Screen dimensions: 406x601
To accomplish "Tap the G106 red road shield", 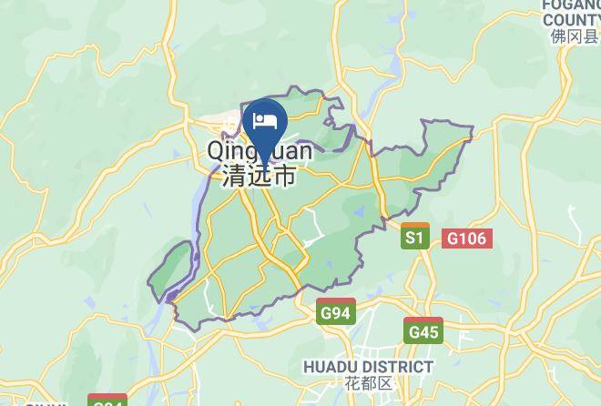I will [x=468, y=239].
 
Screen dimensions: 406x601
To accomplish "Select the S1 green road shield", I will [x=415, y=239].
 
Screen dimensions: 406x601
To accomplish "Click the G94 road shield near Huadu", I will [x=335, y=313].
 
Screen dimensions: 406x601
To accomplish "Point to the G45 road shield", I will [x=423, y=332].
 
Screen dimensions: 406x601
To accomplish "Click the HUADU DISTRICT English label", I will [x=368, y=367].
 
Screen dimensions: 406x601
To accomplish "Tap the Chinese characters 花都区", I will [x=368, y=383].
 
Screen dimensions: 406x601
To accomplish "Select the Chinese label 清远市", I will [x=259, y=177].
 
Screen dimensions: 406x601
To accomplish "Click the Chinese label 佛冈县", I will [x=574, y=36].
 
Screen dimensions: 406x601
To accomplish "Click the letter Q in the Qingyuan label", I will [x=218, y=150].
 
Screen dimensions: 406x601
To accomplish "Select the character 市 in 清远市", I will [x=284, y=177].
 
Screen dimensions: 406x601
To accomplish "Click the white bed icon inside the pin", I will [x=265, y=120].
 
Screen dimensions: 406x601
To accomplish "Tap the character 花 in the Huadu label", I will [x=353, y=383].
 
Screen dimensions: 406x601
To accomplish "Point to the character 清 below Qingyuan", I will [x=233, y=177].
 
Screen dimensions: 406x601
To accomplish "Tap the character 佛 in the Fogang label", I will [x=558, y=36].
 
